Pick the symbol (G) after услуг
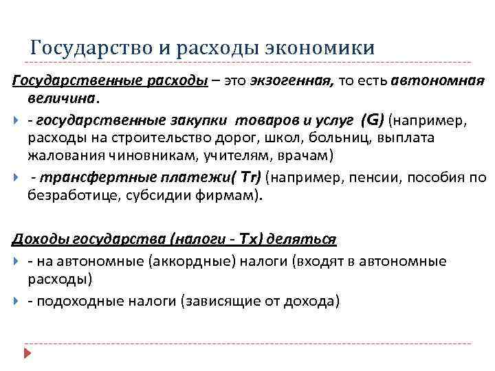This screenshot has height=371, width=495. pyautogui.click(x=371, y=121)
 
